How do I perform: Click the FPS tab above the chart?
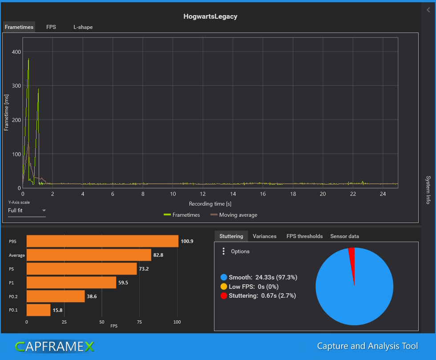(x=51, y=27)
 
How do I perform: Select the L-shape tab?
(x=83, y=27)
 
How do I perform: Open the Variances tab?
(x=264, y=236)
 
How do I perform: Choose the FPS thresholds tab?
(x=304, y=236)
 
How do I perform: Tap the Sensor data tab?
(x=344, y=236)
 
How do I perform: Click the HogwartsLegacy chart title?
(x=210, y=16)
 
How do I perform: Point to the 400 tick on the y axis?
(x=16, y=52)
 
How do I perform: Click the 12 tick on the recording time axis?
(x=203, y=194)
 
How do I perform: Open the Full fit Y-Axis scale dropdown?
(x=27, y=210)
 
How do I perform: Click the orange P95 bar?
(x=102, y=241)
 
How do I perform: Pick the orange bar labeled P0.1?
(x=38, y=310)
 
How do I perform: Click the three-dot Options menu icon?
(x=223, y=251)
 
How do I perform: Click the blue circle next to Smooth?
(x=224, y=277)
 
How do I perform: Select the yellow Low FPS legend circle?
(x=224, y=287)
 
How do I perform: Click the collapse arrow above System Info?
(x=428, y=10)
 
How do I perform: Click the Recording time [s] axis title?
(x=210, y=204)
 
